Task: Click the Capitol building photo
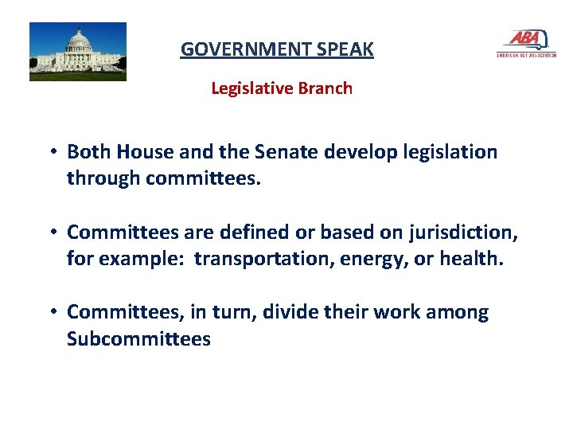pos(78,52)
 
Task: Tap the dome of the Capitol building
pos(79,40)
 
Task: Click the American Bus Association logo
pos(525,44)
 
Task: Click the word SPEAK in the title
pos(343,49)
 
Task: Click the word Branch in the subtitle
pos(325,88)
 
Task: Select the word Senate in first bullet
pos(279,151)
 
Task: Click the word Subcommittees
pos(138,339)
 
